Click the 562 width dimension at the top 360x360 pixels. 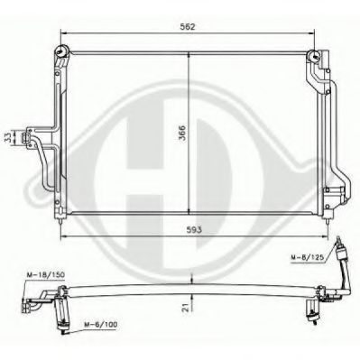186,27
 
